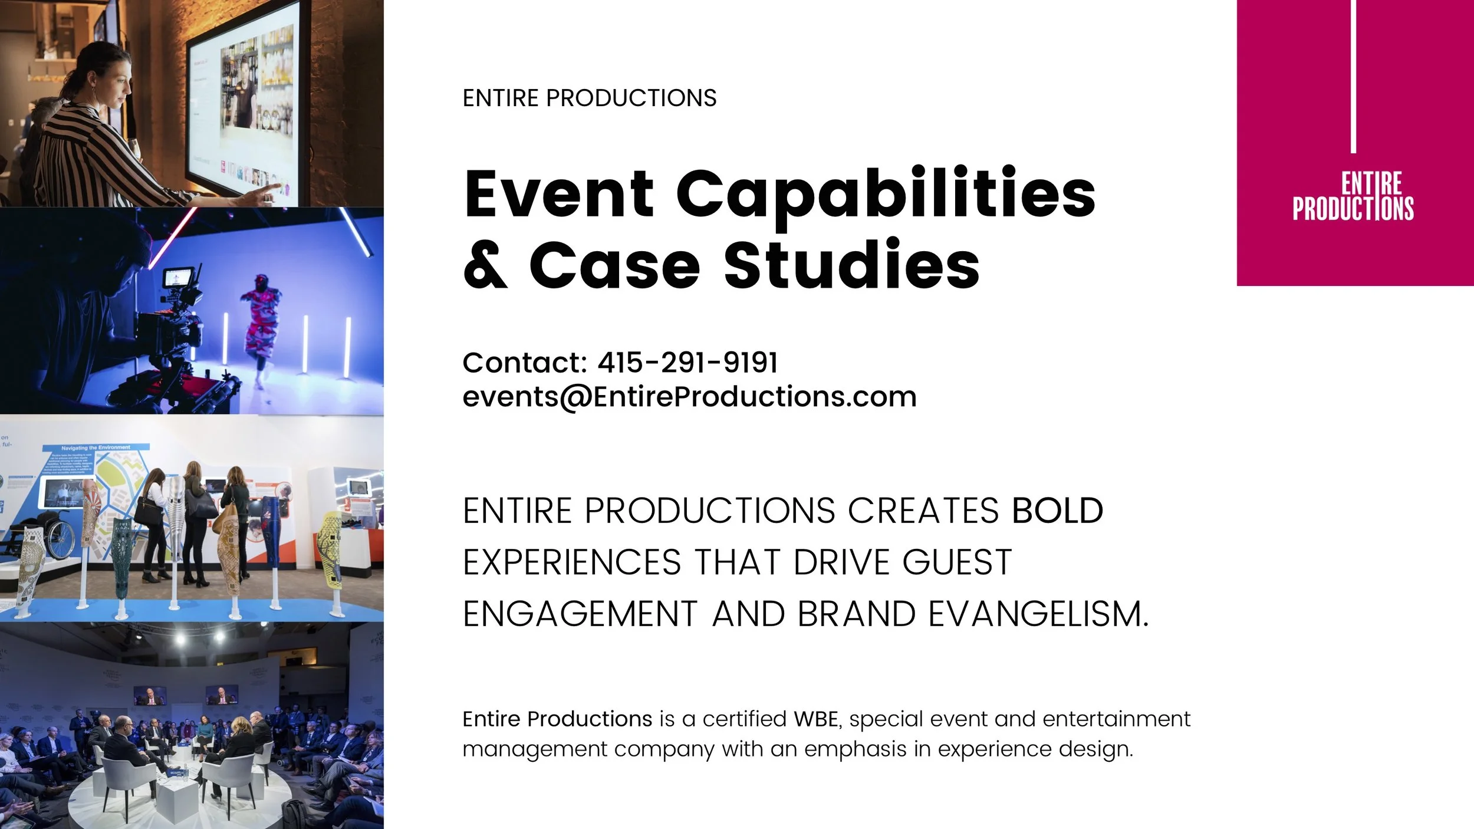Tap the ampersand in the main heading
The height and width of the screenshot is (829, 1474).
click(x=485, y=265)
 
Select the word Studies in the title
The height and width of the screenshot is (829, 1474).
click(x=851, y=265)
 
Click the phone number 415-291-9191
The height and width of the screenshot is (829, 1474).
click(x=687, y=362)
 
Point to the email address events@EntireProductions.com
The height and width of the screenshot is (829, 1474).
click(x=689, y=396)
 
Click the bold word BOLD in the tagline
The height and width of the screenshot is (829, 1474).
click(x=1057, y=511)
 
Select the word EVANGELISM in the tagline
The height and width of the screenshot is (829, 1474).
click(x=1038, y=614)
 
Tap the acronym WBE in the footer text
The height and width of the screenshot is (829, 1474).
click(x=815, y=719)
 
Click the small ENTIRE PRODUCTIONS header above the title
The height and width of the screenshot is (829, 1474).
click(x=589, y=98)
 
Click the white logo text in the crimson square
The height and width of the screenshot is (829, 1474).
click(x=1353, y=197)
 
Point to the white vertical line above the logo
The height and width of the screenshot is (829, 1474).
click(x=1353, y=77)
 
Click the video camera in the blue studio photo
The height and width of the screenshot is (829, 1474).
click(x=177, y=312)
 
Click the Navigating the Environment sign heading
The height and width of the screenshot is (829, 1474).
click(x=96, y=448)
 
